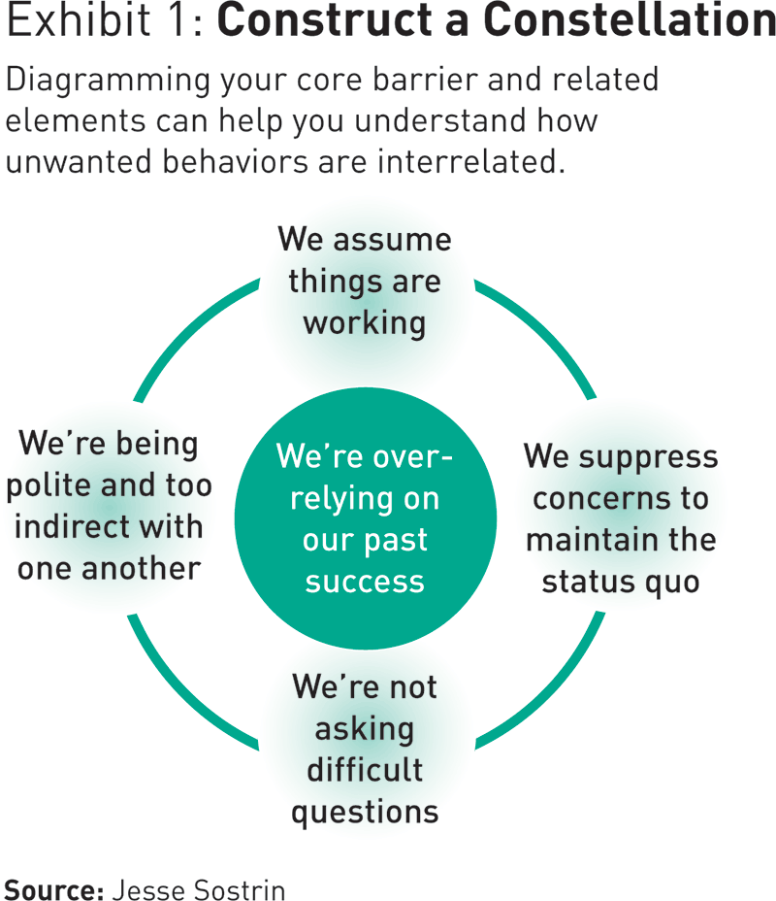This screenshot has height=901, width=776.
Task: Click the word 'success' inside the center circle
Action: coord(365,581)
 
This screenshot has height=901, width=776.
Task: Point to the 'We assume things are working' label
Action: coord(365,281)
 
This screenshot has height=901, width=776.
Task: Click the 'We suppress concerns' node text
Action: coord(621,518)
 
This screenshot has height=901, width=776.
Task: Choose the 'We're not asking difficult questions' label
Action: coord(365,749)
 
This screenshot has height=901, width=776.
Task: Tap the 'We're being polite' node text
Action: coord(109,505)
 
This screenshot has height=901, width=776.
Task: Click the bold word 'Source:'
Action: coord(54,888)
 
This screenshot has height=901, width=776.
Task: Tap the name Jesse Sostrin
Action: coord(199,888)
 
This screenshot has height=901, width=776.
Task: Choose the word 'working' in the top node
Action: coord(365,323)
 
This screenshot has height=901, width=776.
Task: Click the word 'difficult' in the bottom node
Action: coord(365,769)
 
